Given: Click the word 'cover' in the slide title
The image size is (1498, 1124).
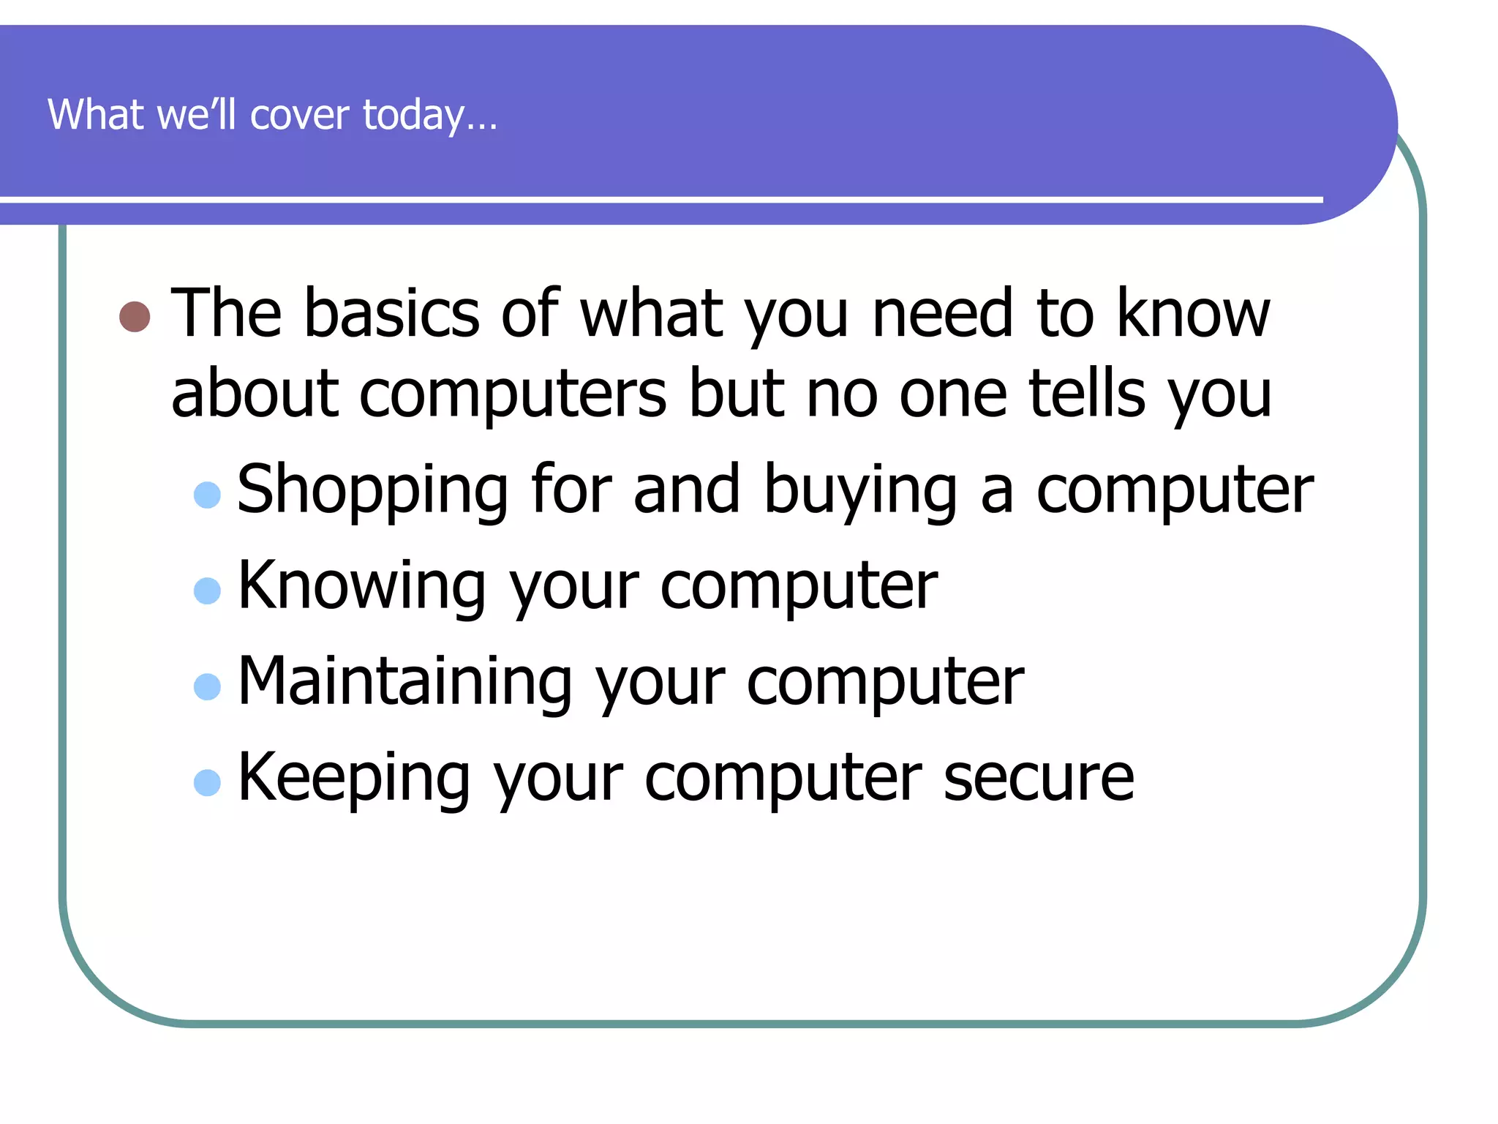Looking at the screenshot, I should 300,115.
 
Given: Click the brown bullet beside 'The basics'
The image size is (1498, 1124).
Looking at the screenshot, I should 135,317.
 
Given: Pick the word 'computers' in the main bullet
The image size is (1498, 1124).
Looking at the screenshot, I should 513,395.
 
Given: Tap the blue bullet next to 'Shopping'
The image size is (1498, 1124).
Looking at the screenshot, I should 207,495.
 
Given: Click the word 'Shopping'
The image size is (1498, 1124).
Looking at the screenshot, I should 373,490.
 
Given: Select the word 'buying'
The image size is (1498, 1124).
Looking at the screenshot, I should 860,490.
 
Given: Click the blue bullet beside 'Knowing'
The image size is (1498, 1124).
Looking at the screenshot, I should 207,591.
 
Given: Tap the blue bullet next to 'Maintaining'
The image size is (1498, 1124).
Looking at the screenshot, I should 207,686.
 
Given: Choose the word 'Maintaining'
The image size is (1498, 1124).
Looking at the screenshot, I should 405,682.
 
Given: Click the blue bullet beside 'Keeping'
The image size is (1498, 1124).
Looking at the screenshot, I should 207,782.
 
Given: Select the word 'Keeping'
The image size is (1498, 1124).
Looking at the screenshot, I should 354,779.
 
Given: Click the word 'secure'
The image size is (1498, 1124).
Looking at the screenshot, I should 1039,777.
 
